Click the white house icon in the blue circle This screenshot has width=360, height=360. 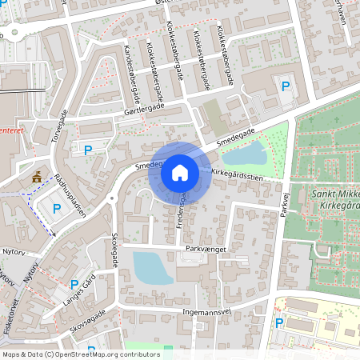pyautogui.click(x=179, y=172)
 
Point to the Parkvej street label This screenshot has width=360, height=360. pyautogui.click(x=284, y=202)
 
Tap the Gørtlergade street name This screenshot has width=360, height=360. pyautogui.click(x=144, y=109)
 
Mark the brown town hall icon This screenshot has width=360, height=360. pyautogui.click(x=36, y=177)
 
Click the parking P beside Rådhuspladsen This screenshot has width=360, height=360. pyautogui.click(x=57, y=209)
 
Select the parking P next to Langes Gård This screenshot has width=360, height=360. pyautogui.click(x=74, y=284)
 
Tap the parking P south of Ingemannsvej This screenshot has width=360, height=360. pyautogui.click(x=279, y=323)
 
